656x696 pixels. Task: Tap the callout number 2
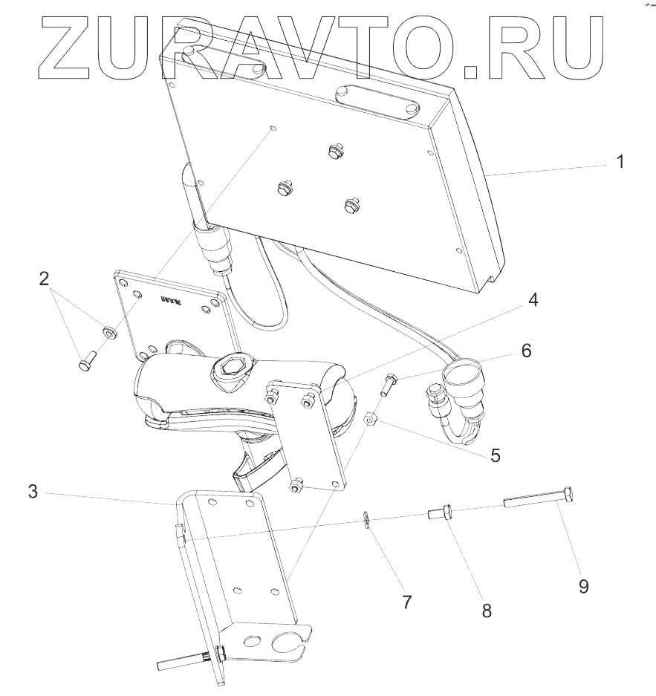(45, 279)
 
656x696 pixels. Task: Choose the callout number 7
(406, 602)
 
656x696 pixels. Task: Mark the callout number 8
(487, 611)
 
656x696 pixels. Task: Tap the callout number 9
(584, 586)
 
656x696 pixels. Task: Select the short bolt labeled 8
(439, 513)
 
